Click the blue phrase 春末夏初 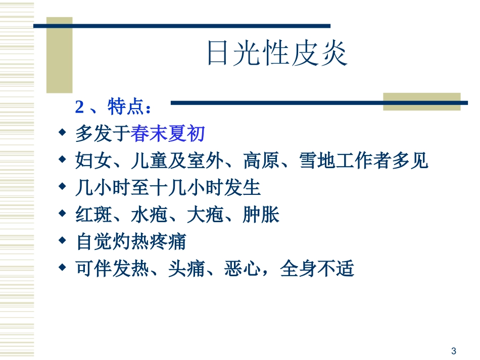point(168,134)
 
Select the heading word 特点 point(126,107)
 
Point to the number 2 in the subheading point(79,107)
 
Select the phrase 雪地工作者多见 point(364,161)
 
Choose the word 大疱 point(205,215)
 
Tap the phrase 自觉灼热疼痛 point(131,242)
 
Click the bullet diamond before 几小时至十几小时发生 point(62,186)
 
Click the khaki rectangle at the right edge point(421,101)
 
